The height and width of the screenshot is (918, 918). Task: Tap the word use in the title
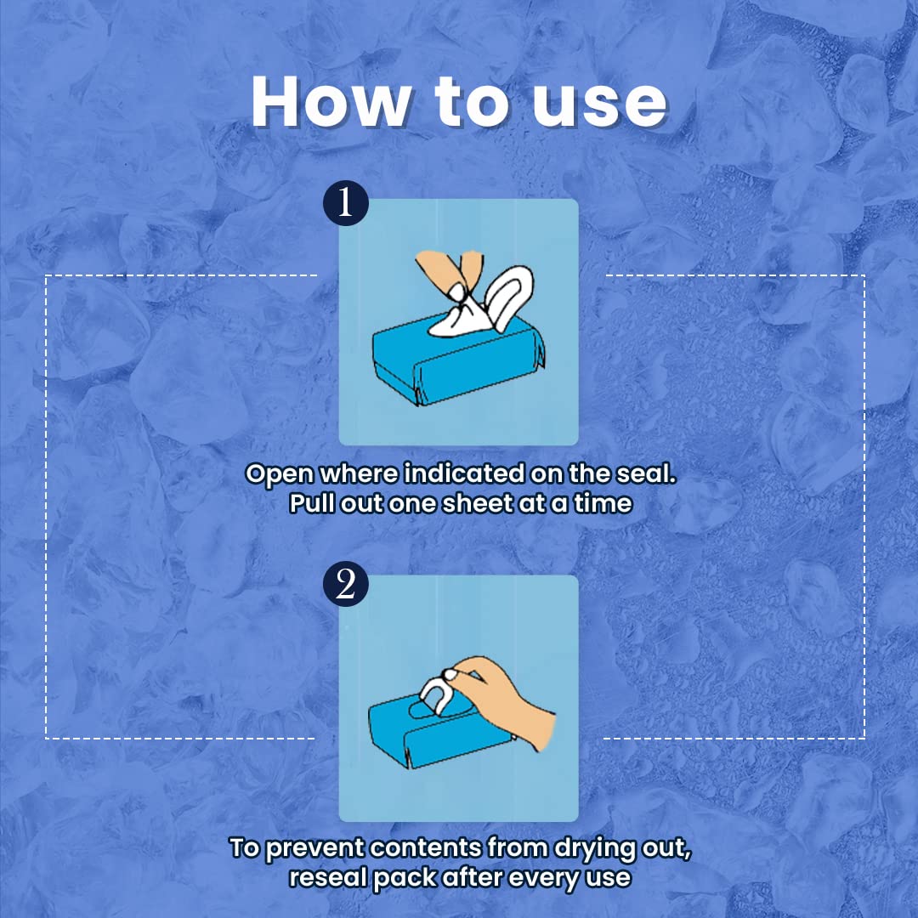point(599,105)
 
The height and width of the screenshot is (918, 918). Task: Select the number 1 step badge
point(345,202)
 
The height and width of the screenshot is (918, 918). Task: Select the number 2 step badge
point(345,584)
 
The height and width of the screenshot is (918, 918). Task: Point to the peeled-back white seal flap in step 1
point(508,297)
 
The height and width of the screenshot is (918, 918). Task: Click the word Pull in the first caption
point(311,503)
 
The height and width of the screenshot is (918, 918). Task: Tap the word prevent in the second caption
point(315,849)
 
